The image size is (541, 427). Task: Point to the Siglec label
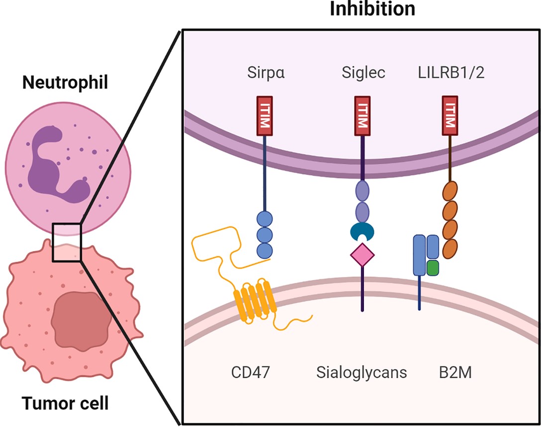click(x=363, y=74)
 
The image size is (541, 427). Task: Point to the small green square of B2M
click(x=433, y=267)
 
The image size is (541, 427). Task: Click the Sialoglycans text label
click(x=361, y=372)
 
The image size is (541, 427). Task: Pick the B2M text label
click(x=452, y=372)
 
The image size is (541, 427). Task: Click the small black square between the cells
click(x=67, y=242)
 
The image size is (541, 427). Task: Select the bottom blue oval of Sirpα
click(x=264, y=249)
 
